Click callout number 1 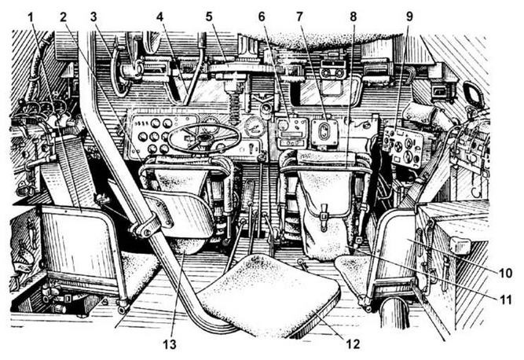[x=33, y=16]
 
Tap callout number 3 [x=93, y=16]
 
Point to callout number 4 [x=159, y=16]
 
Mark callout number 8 [x=353, y=16]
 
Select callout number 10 [x=507, y=274]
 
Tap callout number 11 [x=507, y=299]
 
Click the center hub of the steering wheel [x=203, y=138]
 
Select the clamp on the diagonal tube [x=148, y=226]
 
